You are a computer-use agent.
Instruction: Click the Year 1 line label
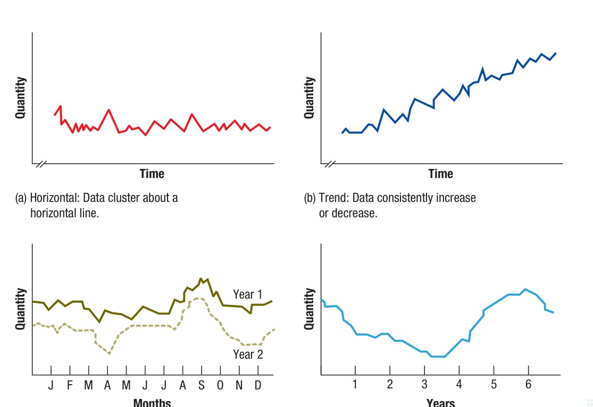click(247, 294)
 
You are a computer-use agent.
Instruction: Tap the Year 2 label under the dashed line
click(248, 354)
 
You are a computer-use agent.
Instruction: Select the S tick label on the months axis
click(202, 385)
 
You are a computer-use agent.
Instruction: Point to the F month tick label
click(69, 385)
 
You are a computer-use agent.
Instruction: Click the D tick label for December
click(258, 385)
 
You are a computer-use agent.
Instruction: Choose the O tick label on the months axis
click(220, 385)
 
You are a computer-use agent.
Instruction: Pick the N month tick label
click(239, 385)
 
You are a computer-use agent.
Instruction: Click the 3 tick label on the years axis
click(424, 384)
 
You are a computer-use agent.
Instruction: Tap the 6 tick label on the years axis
click(528, 384)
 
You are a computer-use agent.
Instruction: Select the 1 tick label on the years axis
click(355, 384)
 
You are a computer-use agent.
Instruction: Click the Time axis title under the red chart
click(152, 174)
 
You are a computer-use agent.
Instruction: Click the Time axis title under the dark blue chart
click(441, 174)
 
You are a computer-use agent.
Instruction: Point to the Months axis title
click(152, 402)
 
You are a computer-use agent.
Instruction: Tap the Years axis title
click(440, 402)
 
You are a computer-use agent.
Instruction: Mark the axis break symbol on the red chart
click(40, 164)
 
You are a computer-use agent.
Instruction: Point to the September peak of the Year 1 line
click(201, 279)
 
